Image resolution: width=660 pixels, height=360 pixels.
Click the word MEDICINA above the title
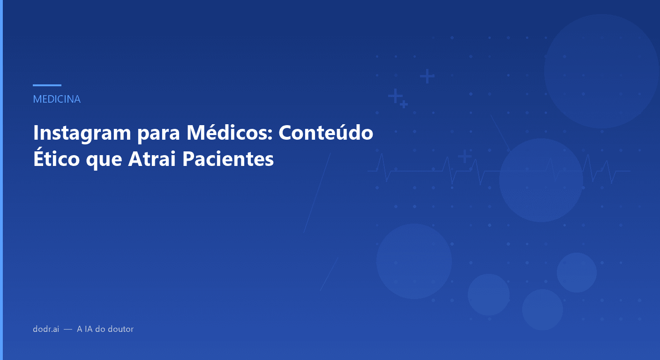(57, 99)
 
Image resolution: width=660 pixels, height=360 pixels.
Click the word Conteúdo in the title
(326, 133)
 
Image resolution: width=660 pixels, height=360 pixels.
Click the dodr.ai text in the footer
(46, 329)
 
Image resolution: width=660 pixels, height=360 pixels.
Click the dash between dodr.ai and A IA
(68, 329)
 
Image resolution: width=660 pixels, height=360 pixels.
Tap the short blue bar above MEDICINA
(47, 85)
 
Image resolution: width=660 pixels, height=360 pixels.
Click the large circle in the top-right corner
(602, 71)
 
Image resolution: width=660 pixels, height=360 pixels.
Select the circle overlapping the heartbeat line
(541, 180)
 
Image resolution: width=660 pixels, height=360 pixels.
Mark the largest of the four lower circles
(414, 261)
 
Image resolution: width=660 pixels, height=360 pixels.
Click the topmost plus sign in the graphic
(427, 75)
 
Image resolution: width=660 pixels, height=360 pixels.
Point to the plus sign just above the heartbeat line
(465, 156)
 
